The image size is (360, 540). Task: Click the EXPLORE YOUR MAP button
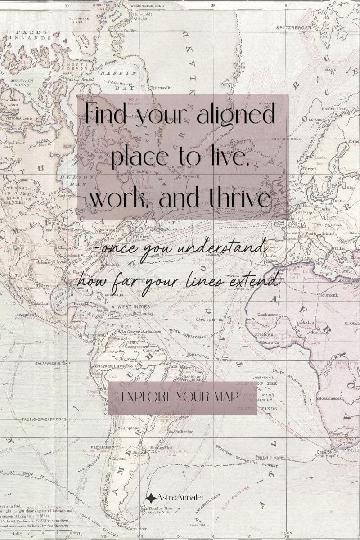(x=181, y=397)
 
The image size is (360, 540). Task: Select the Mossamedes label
(x=330, y=399)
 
